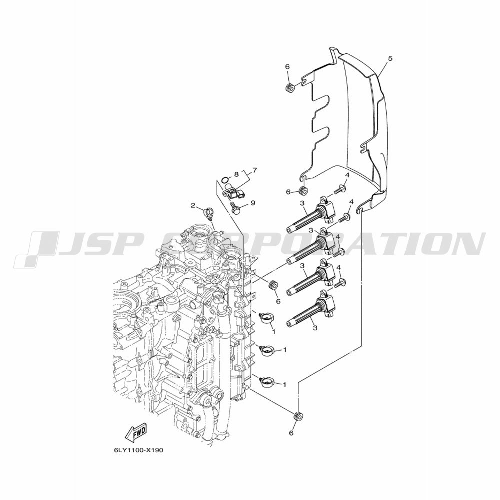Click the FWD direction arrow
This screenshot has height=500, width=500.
point(136,433)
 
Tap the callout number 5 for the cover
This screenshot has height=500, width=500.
point(381,58)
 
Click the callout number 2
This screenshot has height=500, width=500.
point(193,205)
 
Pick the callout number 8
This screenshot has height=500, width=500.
point(236,174)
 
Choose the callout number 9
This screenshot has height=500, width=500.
point(253,203)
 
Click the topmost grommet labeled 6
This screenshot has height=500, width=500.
point(290,87)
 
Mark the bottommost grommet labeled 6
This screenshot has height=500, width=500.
point(298,417)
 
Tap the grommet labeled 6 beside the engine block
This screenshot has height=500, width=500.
point(273,285)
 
